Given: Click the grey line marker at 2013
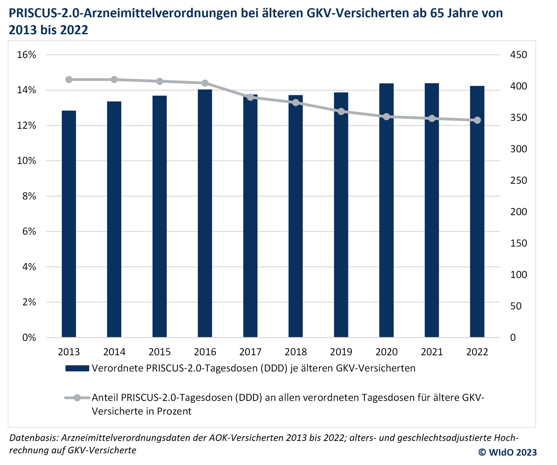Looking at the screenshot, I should click(x=69, y=80).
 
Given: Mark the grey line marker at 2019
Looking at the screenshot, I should click(x=341, y=111).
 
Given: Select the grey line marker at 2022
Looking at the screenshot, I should click(x=477, y=120).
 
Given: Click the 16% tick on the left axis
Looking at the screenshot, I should click(x=27, y=55).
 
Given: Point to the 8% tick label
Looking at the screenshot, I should click(x=29, y=196).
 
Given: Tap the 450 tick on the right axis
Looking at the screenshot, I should click(x=518, y=55).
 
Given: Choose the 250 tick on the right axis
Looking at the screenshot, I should click(x=518, y=180).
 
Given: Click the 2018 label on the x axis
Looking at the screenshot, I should click(x=296, y=352).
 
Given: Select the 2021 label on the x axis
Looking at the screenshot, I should click(x=432, y=352).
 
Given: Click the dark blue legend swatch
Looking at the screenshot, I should click(x=77, y=368).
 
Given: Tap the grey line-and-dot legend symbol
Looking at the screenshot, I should click(x=77, y=398).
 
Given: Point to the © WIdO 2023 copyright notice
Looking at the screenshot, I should click(x=507, y=452).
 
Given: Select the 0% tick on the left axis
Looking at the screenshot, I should click(x=29, y=338).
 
